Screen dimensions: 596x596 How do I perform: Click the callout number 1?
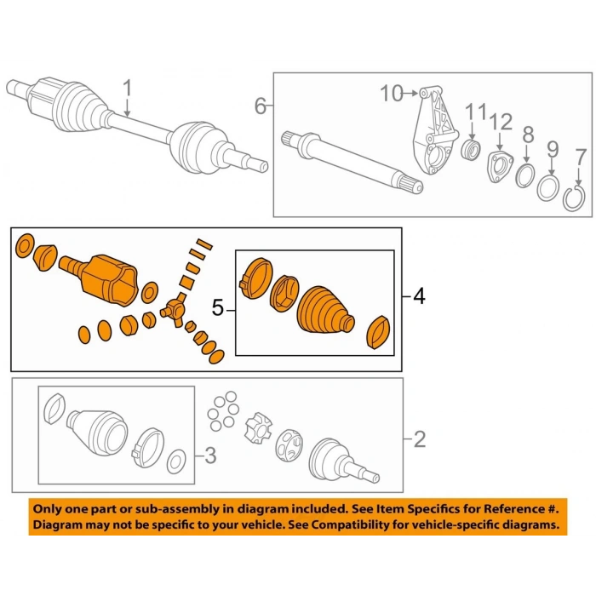(128, 89)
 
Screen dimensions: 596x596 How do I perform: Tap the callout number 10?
(392, 93)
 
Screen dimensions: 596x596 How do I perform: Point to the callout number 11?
(474, 112)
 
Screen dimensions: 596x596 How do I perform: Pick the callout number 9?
(552, 148)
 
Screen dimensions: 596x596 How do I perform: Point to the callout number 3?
(210, 456)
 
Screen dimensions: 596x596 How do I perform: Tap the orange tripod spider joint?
(175, 309)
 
